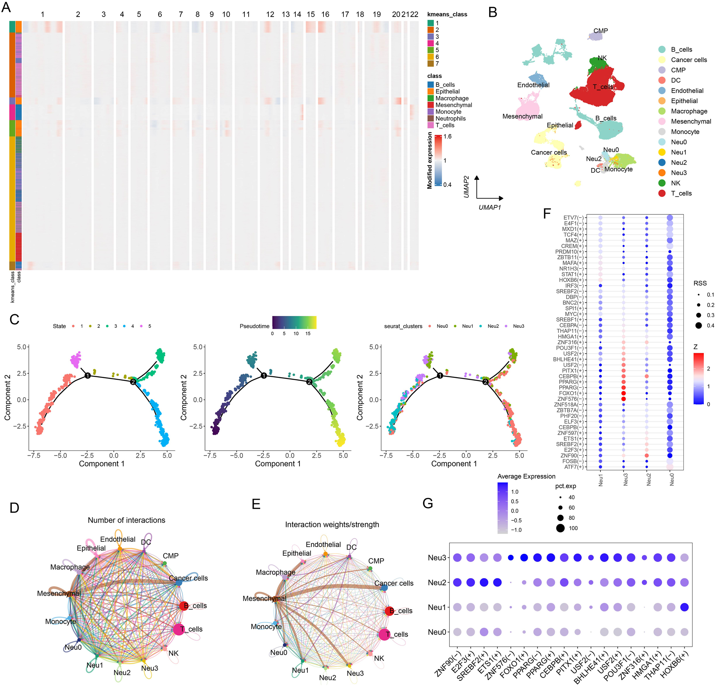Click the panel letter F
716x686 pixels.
546,213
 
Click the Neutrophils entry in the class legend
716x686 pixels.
450,119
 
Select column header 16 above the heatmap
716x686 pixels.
325,14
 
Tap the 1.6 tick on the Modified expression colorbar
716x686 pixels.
447,137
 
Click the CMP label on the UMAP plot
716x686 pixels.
600,31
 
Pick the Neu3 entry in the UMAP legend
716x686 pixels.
678,173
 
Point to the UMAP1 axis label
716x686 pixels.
489,207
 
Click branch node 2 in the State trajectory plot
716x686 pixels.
133,382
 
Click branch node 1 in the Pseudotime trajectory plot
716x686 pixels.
264,375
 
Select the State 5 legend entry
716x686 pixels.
145,326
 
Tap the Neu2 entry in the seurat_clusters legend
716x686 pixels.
489,326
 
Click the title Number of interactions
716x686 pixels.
126,520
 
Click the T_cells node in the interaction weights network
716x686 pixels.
384,634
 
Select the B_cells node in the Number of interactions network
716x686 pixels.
184,606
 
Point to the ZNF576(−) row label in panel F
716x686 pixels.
570,399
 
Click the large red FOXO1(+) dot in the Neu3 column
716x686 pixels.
624,393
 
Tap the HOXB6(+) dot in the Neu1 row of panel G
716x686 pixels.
684,607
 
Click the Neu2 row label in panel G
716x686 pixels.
437,582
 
